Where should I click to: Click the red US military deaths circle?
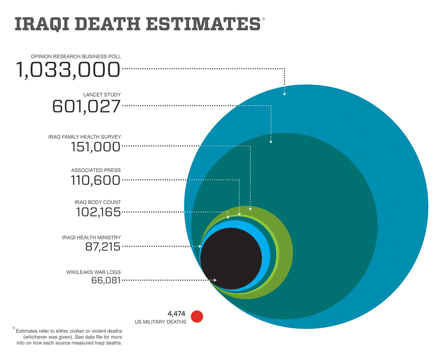(x=197, y=316)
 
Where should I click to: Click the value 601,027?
(x=86, y=106)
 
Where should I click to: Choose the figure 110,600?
(x=95, y=180)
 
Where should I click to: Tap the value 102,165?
(x=98, y=212)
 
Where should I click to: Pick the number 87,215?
(x=103, y=247)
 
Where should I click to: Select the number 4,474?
(x=177, y=314)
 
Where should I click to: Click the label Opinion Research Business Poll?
(x=76, y=56)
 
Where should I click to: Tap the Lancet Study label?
(x=102, y=94)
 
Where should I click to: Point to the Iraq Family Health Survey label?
(x=85, y=137)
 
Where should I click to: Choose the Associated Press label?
(x=96, y=170)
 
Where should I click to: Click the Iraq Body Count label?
(x=98, y=202)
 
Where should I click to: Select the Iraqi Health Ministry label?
(x=91, y=237)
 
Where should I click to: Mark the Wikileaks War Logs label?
(x=93, y=272)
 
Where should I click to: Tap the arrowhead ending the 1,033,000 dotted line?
(x=284, y=94)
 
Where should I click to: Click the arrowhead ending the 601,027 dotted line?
(x=271, y=142)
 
